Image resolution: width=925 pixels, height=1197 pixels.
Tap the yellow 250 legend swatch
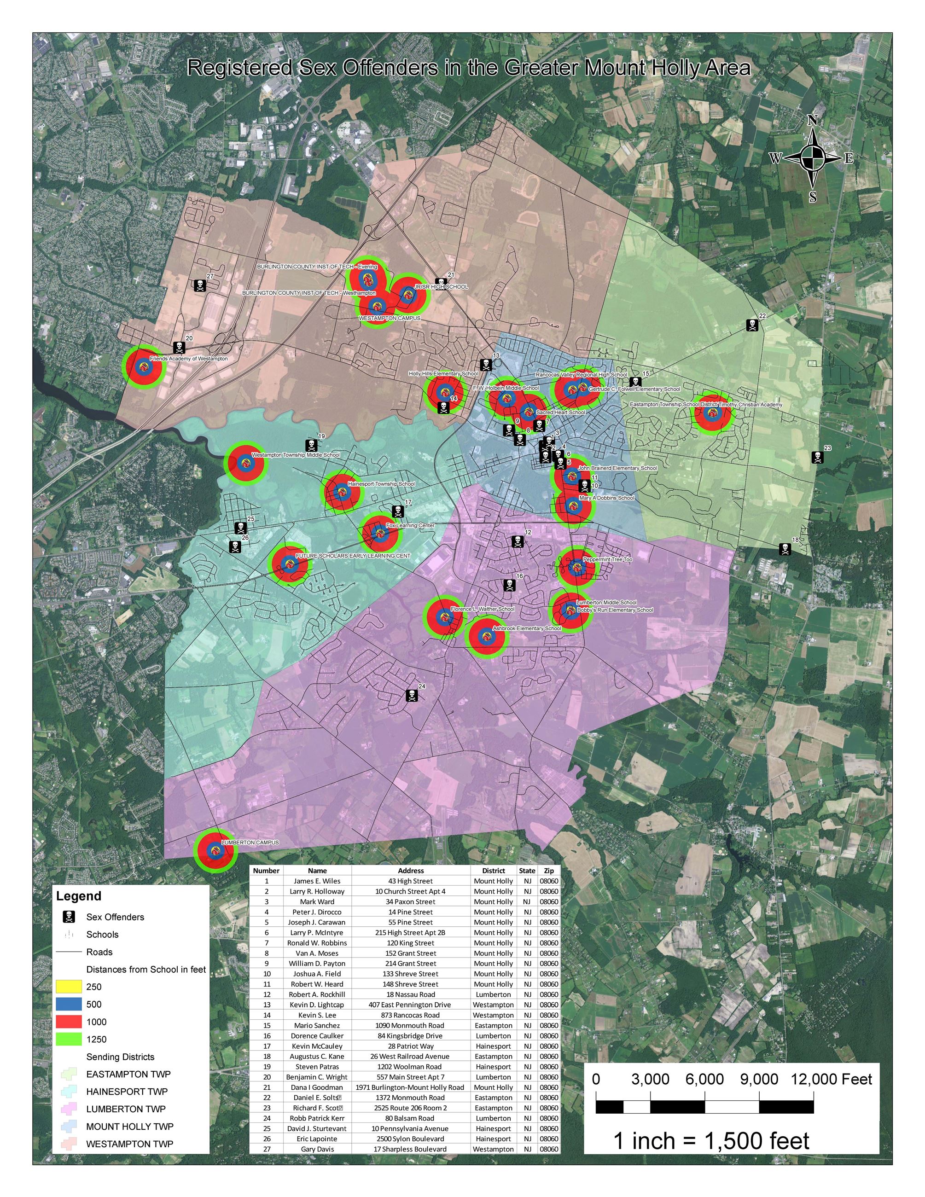point(69,987)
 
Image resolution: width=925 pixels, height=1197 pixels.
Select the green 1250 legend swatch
point(69,1039)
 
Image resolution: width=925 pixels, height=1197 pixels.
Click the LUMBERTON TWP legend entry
point(126,1109)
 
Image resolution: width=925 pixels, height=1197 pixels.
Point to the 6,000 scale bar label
point(704,1079)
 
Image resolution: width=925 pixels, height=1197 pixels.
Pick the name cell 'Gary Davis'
point(317,1149)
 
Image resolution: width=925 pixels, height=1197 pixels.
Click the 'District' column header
point(493,870)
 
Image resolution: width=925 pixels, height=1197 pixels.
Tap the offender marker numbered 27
point(201,285)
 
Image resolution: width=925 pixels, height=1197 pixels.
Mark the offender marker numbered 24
point(412,695)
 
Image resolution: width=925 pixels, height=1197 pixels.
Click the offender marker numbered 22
point(752,325)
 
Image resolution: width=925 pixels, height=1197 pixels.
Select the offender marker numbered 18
point(785,549)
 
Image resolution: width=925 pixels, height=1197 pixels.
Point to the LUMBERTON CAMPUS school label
point(250,843)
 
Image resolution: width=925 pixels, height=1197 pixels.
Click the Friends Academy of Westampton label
point(188,359)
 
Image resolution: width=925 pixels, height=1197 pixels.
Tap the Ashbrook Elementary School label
point(527,628)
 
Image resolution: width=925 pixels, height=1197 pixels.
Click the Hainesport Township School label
point(381,484)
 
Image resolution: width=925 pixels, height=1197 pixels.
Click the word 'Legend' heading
point(79,896)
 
